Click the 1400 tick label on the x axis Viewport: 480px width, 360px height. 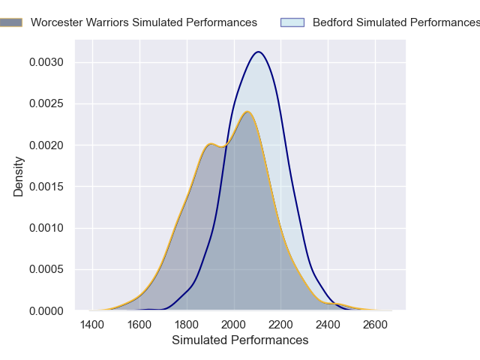click(x=93, y=325)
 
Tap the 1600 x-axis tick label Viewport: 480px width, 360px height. click(x=140, y=325)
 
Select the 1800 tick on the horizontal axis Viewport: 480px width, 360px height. click(x=187, y=325)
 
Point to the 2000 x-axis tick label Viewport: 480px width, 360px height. click(x=235, y=325)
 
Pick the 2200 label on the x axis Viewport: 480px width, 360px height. click(x=281, y=325)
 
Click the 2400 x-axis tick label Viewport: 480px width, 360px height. click(x=328, y=325)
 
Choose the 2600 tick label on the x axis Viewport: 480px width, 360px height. click(x=376, y=325)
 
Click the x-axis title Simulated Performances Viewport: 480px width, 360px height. click(x=240, y=340)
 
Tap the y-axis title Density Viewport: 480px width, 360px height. click(x=19, y=175)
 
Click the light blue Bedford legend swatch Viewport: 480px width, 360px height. click(x=292, y=22)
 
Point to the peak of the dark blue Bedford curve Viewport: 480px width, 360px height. click(x=259, y=52)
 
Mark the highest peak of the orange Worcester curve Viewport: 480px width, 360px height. click(x=247, y=112)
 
